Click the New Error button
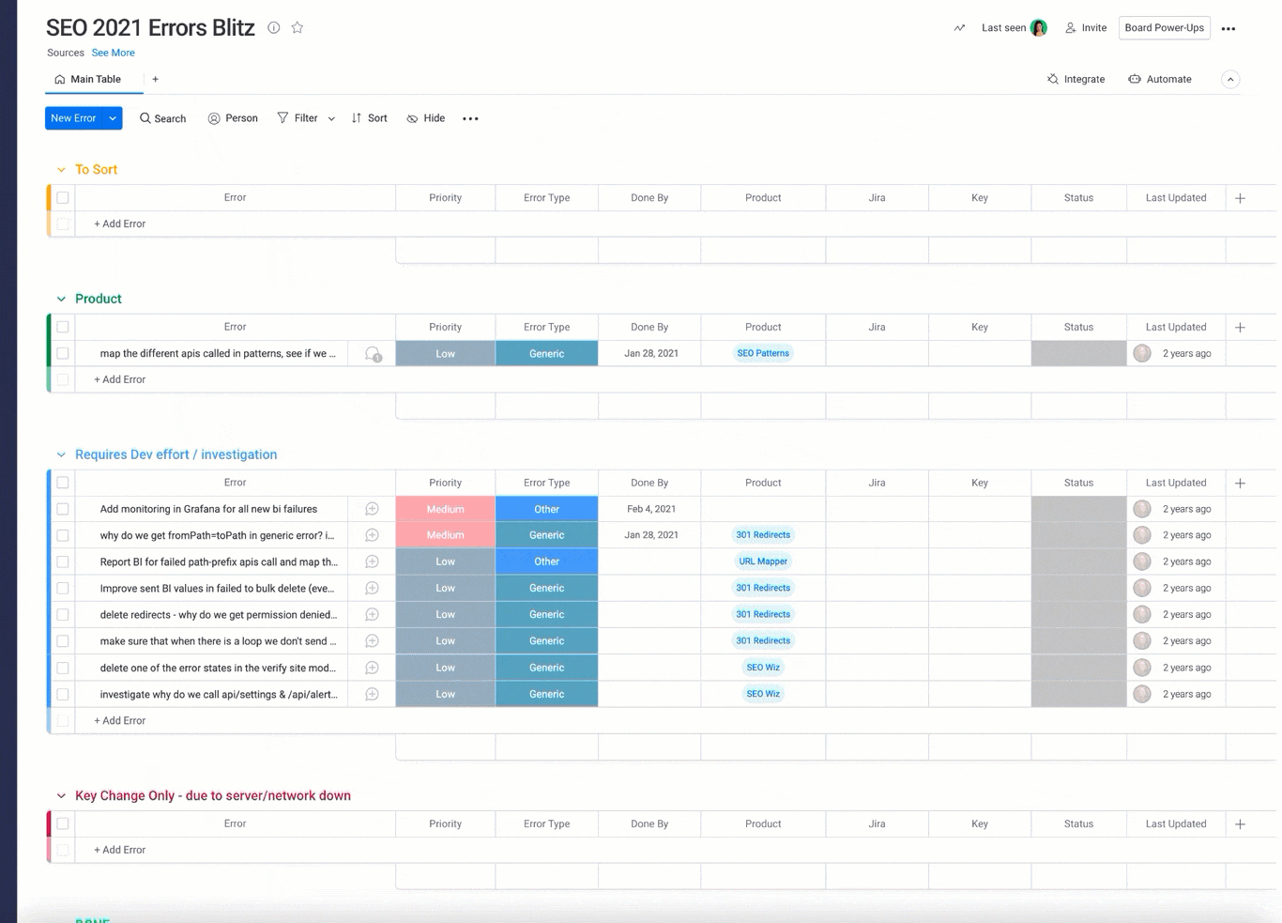73,118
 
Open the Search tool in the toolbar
162,118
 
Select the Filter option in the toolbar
298,118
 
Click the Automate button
1160,80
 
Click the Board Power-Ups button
1164,28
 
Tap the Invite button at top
1086,28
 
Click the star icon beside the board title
298,28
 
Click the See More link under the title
113,54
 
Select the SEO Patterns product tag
763,354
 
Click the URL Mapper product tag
763,561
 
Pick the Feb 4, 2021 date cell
650,509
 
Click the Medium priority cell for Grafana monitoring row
445,509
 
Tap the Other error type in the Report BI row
546,561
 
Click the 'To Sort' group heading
96,170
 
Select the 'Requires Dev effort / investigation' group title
176,454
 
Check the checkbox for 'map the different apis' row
63,354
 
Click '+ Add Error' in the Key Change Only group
119,851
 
